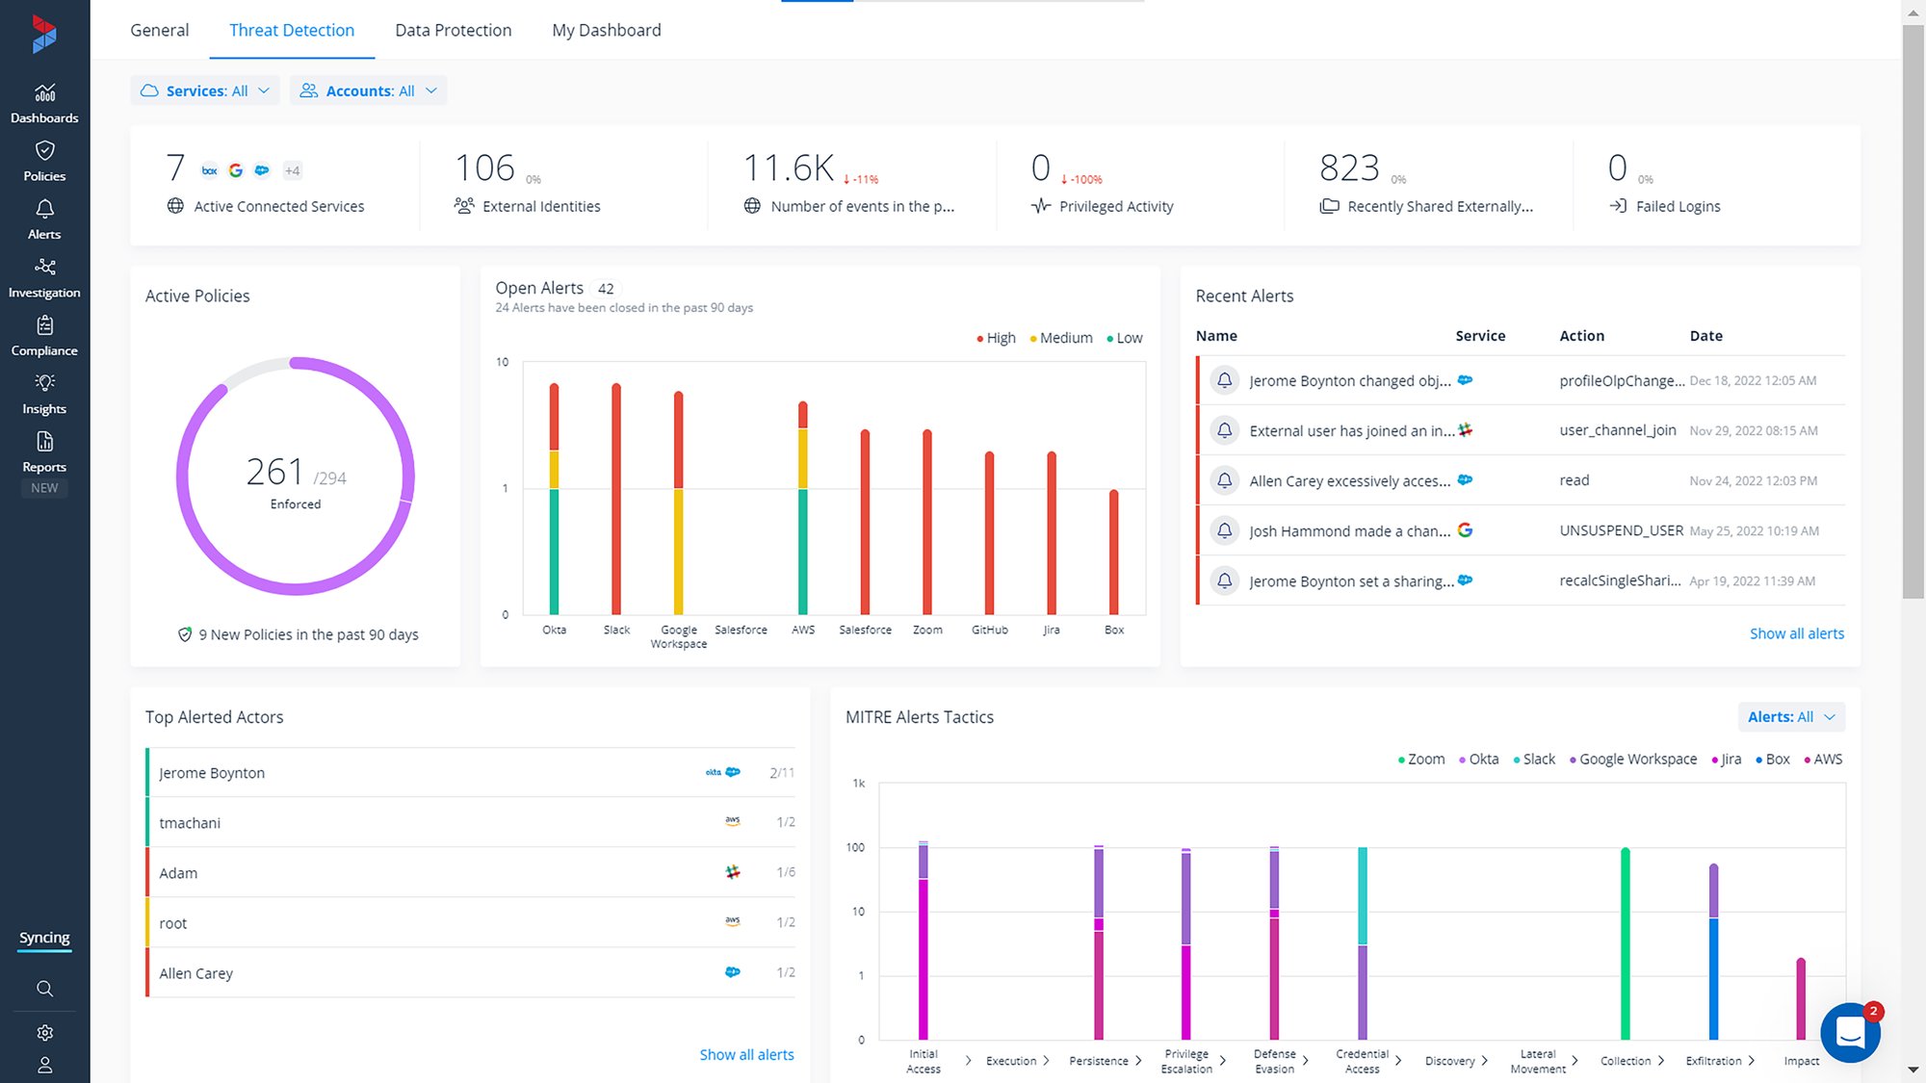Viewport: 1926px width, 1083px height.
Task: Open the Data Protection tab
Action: [453, 30]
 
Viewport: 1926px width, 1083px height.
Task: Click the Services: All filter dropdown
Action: [204, 90]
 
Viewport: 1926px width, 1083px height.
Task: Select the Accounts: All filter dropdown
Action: [368, 90]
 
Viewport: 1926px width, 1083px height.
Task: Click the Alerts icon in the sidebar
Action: [44, 219]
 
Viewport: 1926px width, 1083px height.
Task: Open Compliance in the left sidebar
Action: [44, 336]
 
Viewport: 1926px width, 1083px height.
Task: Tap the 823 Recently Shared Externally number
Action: [1348, 168]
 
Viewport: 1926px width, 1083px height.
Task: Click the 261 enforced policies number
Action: [274, 472]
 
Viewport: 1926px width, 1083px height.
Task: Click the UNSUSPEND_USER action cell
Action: [1621, 530]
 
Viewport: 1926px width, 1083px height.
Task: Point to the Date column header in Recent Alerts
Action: [1705, 336]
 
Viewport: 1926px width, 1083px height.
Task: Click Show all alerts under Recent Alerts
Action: [1796, 633]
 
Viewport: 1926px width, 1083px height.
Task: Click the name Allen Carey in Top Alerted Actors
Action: [195, 973]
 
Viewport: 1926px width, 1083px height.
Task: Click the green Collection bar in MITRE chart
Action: [1625, 943]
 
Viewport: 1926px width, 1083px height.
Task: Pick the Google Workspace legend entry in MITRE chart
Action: [1637, 760]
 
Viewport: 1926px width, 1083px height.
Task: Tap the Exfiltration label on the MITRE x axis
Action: [1713, 1061]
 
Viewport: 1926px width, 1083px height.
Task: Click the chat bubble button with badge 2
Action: [1849, 1033]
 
